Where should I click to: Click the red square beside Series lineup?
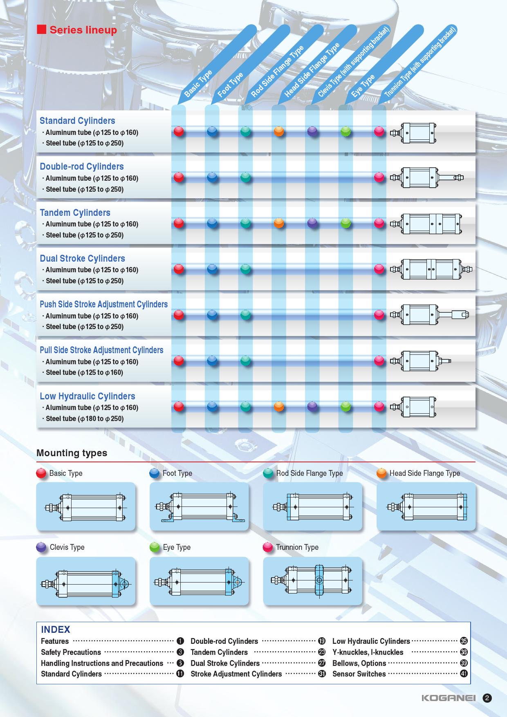click(41, 30)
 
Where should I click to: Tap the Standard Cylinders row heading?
click(77, 121)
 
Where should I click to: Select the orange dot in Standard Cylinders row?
click(279, 131)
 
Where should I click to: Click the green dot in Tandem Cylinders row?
click(346, 223)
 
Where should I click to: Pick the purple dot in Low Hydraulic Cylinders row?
click(312, 406)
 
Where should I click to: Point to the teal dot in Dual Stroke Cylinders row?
click(245, 269)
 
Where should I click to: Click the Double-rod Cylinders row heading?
click(82, 166)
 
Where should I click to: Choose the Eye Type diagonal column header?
click(363, 85)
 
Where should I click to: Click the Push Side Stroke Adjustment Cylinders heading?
click(104, 304)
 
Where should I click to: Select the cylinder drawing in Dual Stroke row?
click(431, 269)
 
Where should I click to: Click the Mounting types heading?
click(72, 453)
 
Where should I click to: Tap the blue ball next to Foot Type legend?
click(155, 473)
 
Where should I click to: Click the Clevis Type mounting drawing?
click(86, 581)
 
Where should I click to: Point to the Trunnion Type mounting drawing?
click(312, 581)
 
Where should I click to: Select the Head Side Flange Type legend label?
click(424, 473)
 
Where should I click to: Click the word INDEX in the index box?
click(56, 630)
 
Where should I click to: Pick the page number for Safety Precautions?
click(180, 652)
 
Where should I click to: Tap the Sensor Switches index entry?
click(359, 674)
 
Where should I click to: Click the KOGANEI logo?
click(449, 698)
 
